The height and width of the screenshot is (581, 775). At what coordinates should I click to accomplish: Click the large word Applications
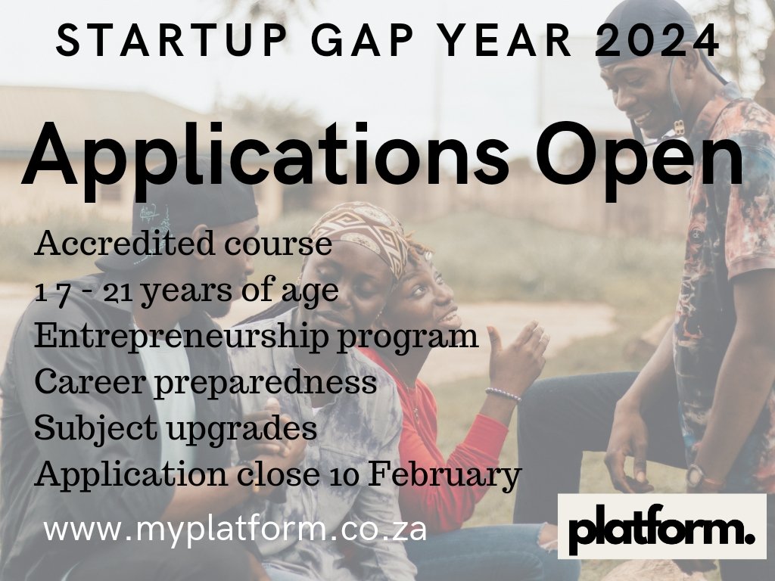pyautogui.click(x=266, y=157)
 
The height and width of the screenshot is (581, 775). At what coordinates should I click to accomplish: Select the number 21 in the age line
pyautogui.click(x=120, y=291)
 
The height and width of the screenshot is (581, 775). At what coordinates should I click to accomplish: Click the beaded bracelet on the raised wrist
pyautogui.click(x=503, y=394)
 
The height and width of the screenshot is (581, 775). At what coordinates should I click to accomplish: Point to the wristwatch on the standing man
pyautogui.click(x=696, y=476)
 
